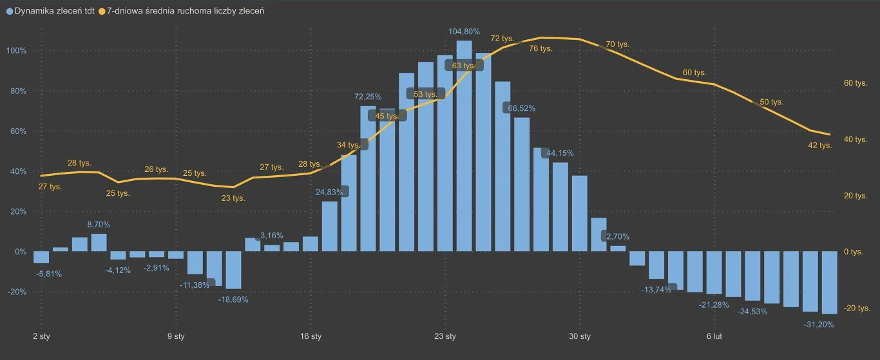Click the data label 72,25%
tap(368, 97)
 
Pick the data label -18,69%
tap(233, 299)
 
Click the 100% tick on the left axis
tap(16, 51)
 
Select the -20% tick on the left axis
tap(16, 292)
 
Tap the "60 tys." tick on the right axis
tap(856, 83)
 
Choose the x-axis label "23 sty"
tap(445, 337)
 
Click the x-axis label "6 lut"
tap(714, 337)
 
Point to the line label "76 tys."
tap(540, 48)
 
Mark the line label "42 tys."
tap(820, 146)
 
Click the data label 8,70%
tap(99, 224)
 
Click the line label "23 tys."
tap(233, 198)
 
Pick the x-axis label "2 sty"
tap(41, 337)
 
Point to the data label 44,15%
tap(559, 153)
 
